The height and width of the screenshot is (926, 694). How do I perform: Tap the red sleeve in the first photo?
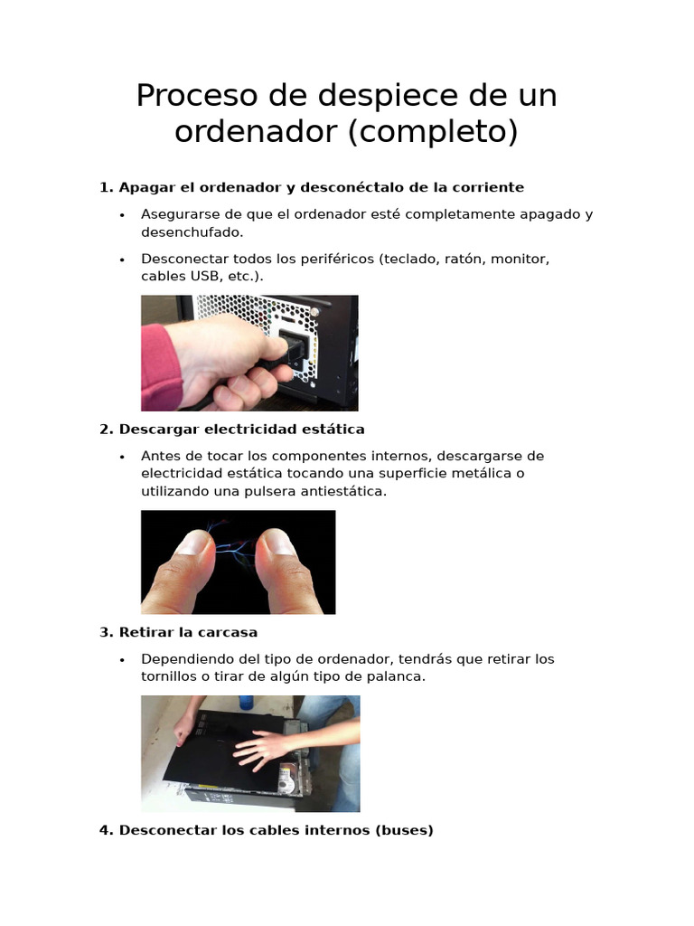[x=160, y=366]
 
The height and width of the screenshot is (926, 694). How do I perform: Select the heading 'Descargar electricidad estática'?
[x=241, y=429]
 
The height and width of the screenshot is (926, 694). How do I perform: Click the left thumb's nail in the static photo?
[x=192, y=543]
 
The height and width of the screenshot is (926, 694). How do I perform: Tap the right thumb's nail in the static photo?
[x=277, y=543]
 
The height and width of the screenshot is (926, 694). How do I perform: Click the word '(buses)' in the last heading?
[x=405, y=830]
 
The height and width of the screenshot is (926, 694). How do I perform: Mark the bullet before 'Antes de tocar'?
[x=122, y=457]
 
